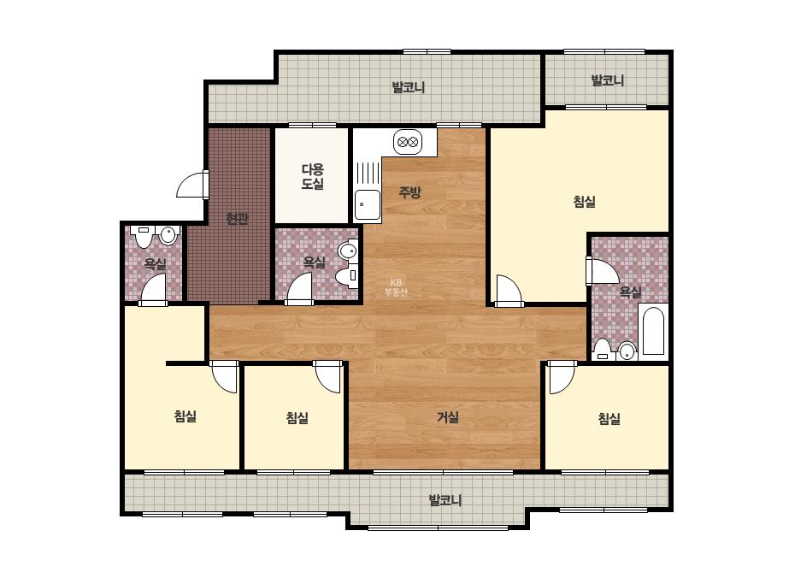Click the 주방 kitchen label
coord(409,192)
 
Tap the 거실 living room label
coord(447,417)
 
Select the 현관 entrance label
coord(237,219)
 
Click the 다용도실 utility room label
coord(313,177)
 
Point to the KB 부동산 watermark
coord(396,287)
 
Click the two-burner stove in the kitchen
coord(408,142)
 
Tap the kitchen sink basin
coord(368,205)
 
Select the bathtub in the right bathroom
coord(653,330)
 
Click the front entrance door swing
coord(191,184)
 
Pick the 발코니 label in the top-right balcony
coord(607,80)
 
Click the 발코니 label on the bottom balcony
coord(445,500)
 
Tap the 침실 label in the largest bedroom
coord(584,202)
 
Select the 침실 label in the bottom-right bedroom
coord(609,418)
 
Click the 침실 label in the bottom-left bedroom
coord(185,416)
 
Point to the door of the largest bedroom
coord(509,291)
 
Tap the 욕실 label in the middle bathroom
coord(314,262)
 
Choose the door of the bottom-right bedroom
coord(562,377)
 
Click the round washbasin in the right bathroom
coord(627,351)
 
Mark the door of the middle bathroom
coord(300,289)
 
